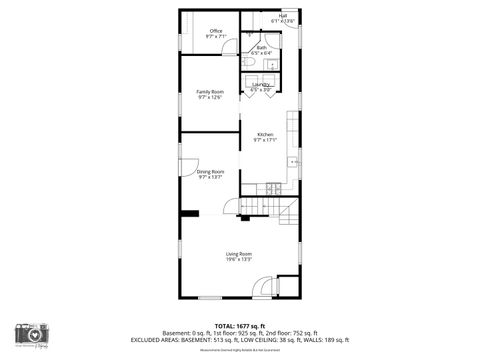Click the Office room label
[216, 31]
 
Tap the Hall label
[283, 16]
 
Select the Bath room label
[261, 47]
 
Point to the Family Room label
[210, 92]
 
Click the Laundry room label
[261, 86]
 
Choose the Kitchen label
[265, 135]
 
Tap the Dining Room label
[210, 172]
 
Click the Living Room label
[238, 254]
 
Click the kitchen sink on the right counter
[293, 161]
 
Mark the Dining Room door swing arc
[189, 172]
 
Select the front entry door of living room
[262, 285]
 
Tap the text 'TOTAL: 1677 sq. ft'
[239, 325]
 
